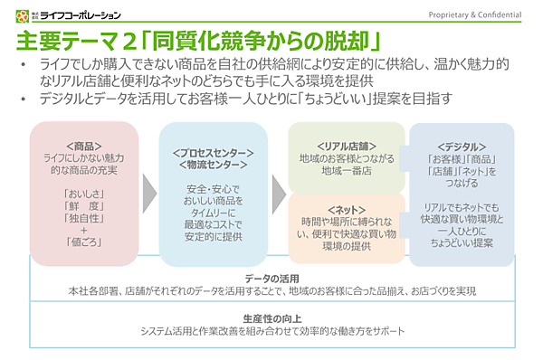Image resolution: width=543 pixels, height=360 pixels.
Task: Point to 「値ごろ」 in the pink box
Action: pos(83,241)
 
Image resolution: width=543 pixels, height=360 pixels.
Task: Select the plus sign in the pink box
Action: pos(83,229)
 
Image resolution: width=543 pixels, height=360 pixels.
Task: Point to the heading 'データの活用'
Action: pos(271,278)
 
